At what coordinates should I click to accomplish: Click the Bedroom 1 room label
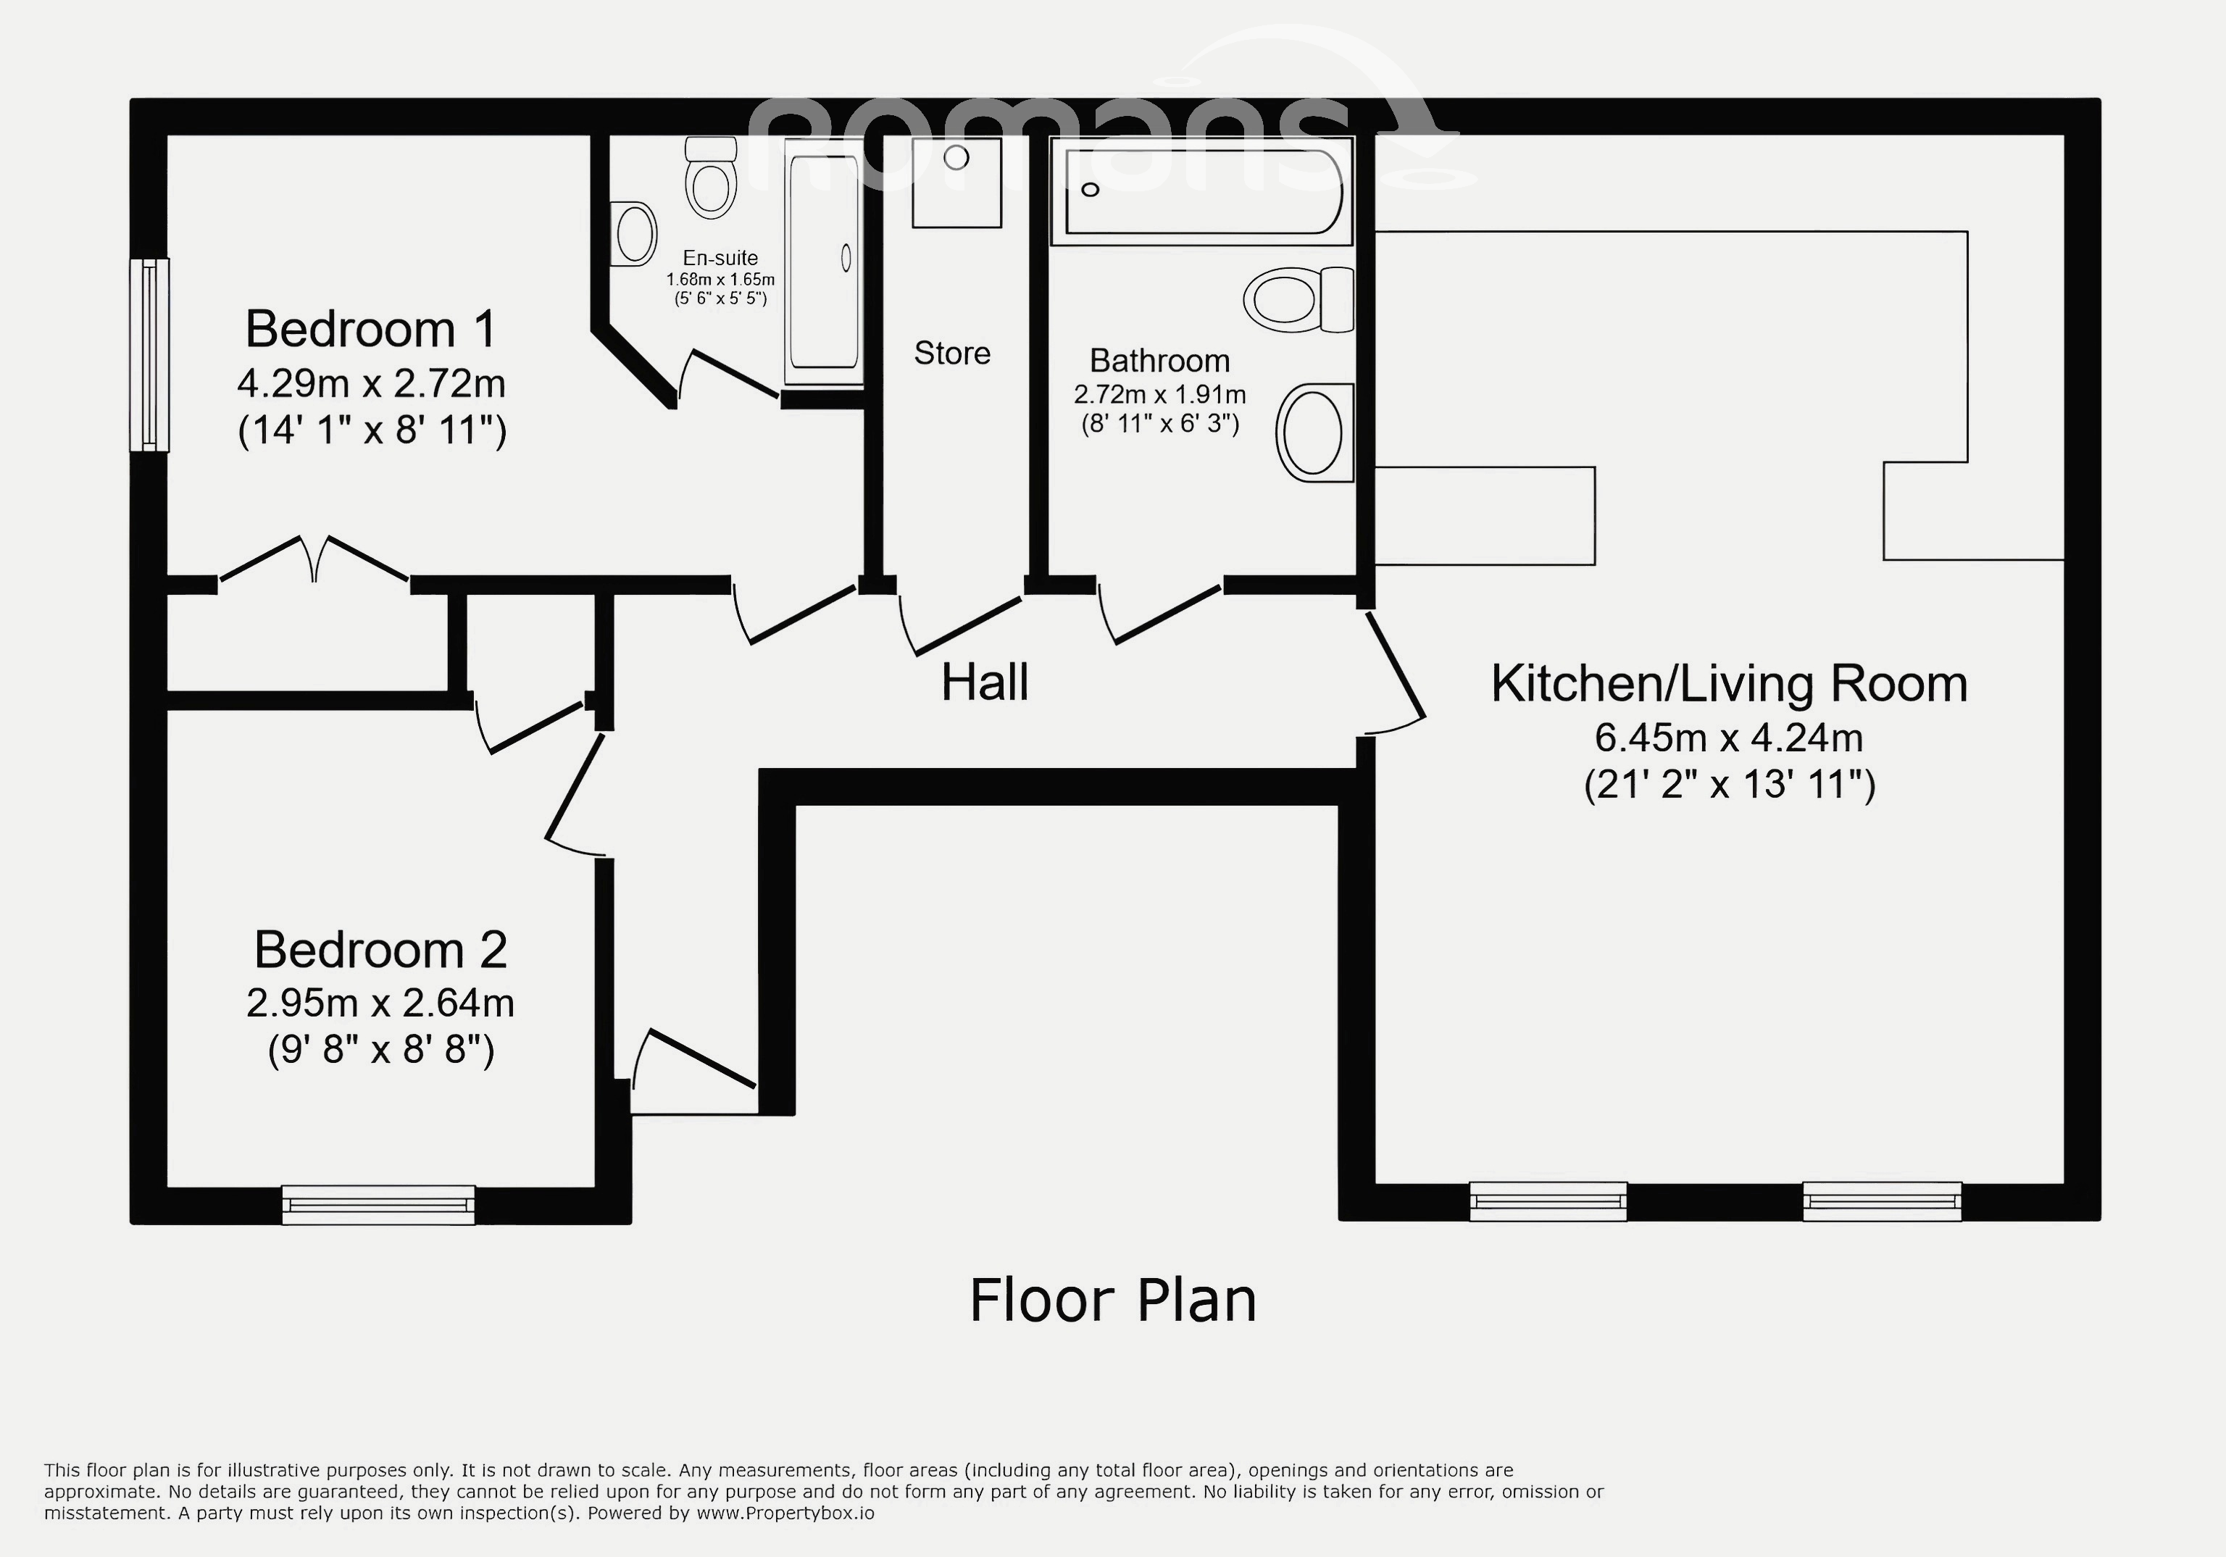coord(371,330)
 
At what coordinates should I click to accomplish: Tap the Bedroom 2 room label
coord(380,950)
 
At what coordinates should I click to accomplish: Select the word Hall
coord(984,683)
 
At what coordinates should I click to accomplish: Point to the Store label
coord(952,353)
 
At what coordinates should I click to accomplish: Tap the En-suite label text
coord(720,258)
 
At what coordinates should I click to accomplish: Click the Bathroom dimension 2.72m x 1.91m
coord(1159,395)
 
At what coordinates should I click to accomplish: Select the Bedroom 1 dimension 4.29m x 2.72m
coord(371,384)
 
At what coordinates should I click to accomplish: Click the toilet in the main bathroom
coord(1299,299)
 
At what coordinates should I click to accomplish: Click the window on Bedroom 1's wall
coord(149,355)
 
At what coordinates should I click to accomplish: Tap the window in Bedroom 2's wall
coord(379,1205)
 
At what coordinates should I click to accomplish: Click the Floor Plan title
coord(1113,1300)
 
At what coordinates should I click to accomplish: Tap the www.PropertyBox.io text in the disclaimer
coord(785,1512)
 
